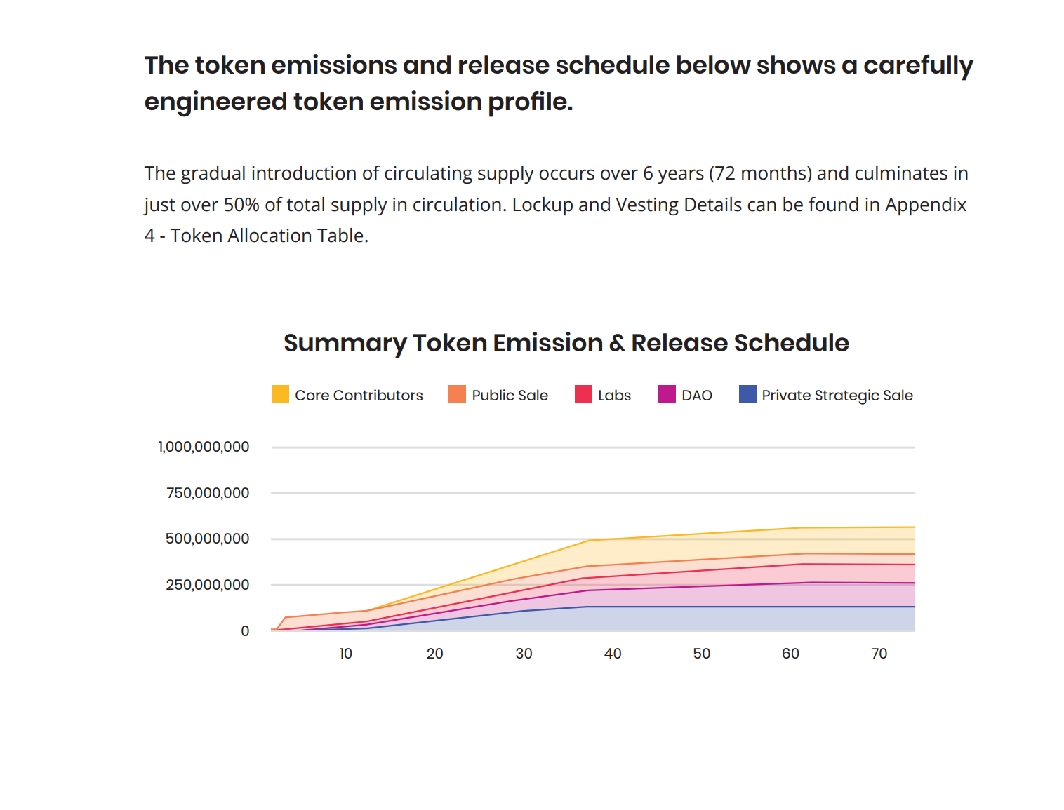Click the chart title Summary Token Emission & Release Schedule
[x=566, y=343]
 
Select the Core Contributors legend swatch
[x=280, y=394]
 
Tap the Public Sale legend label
[x=510, y=396]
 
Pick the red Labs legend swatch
[x=583, y=394]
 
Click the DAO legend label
[x=696, y=396]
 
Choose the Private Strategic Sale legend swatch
[x=747, y=394]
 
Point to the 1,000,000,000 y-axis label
[x=204, y=447]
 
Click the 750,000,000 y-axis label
[x=208, y=493]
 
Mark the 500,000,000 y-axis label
[x=207, y=539]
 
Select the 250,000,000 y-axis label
[x=207, y=585]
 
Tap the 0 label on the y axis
[x=245, y=631]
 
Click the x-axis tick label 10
[x=346, y=654]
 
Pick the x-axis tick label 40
[x=613, y=654]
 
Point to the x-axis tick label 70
[x=879, y=654]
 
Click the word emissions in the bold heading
[x=334, y=65]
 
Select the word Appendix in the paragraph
[x=926, y=205]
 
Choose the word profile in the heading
[x=530, y=102]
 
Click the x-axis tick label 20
[x=434, y=654]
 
